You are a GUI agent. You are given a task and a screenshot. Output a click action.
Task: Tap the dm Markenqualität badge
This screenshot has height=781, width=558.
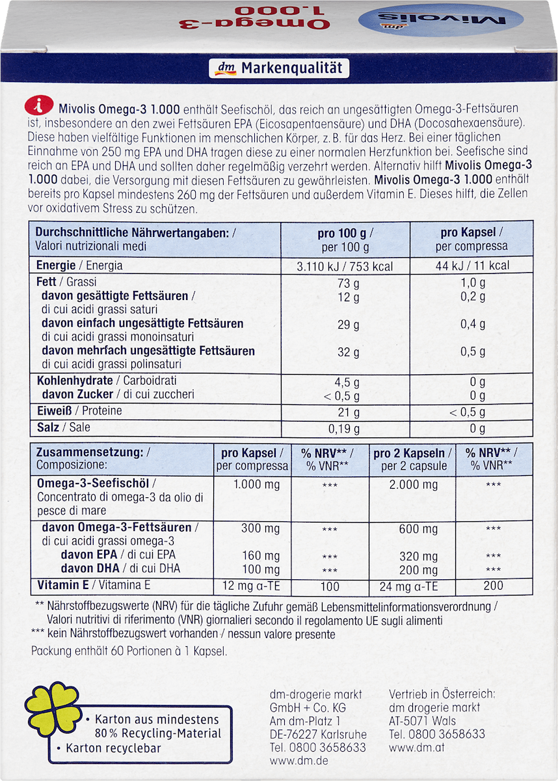point(279,68)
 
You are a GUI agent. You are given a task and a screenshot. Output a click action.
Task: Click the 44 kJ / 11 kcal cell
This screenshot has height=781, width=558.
point(472,266)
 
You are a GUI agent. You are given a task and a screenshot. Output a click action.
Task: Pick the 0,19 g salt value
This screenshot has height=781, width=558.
point(345,428)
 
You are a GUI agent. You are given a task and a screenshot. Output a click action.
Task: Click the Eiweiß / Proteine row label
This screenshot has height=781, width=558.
point(79,411)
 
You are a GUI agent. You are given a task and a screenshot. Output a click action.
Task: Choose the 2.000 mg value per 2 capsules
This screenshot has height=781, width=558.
point(414,485)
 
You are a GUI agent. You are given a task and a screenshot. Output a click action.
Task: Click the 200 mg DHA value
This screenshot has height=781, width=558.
point(418,569)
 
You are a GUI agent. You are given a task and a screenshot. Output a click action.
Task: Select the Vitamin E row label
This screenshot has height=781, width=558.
point(94,584)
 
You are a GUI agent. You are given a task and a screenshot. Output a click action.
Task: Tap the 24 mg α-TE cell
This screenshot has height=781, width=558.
point(408,586)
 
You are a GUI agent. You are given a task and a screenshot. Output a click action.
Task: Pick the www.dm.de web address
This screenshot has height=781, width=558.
point(299,761)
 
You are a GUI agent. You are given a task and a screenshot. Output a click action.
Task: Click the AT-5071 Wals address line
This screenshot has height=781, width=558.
point(422,720)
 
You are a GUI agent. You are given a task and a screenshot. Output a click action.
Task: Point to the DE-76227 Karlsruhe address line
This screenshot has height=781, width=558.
point(318,734)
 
